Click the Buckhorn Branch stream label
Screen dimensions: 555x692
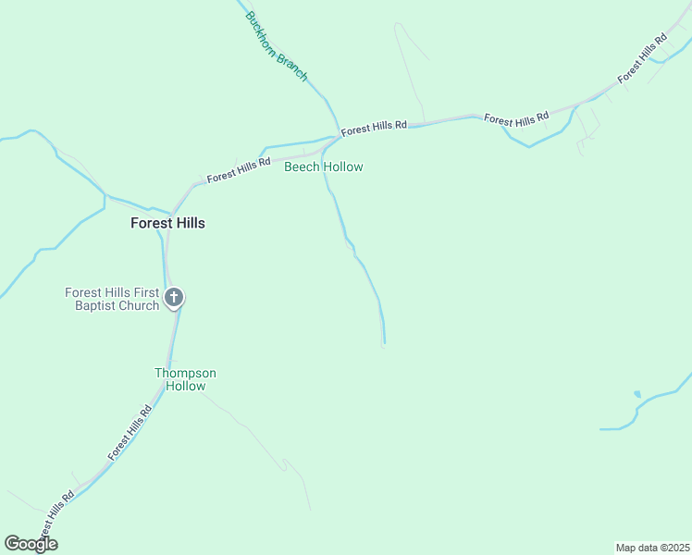pyautogui.click(x=276, y=46)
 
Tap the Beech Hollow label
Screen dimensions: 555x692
pyautogui.click(x=323, y=167)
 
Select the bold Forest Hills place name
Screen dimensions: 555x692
pyautogui.click(x=167, y=223)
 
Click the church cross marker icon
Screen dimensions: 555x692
pyautogui.click(x=174, y=298)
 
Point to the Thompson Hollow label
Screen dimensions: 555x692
pyautogui.click(x=185, y=379)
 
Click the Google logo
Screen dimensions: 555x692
pyautogui.click(x=31, y=544)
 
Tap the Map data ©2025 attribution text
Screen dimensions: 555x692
pyautogui.click(x=652, y=548)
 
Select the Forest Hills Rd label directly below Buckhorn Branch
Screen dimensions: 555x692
pyautogui.click(x=374, y=128)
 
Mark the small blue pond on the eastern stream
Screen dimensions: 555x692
pyautogui.click(x=636, y=394)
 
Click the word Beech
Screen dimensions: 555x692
pyautogui.click(x=301, y=167)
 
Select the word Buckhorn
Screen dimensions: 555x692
pyautogui.click(x=263, y=31)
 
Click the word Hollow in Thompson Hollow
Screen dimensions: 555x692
pyautogui.click(x=185, y=386)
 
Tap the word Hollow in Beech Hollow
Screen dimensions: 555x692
pyautogui.click(x=342, y=167)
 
